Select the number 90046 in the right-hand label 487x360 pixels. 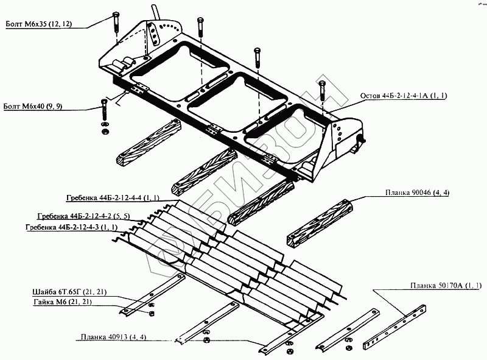418,192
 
